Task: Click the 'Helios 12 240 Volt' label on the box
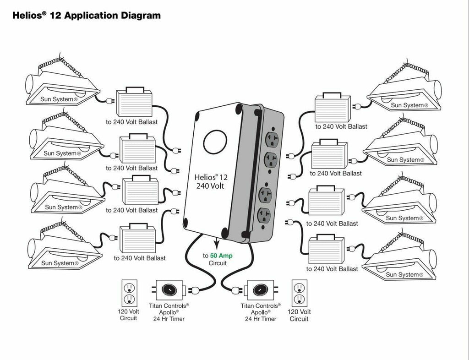click(x=210, y=181)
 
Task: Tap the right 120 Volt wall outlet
click(x=299, y=294)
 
